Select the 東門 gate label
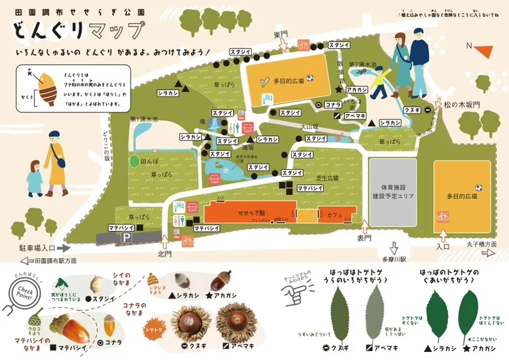pyautogui.click(x=281, y=34)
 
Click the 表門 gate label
pyautogui.click(x=365, y=238)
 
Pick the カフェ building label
pyautogui.click(x=333, y=214)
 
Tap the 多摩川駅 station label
pyautogui.click(x=392, y=259)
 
